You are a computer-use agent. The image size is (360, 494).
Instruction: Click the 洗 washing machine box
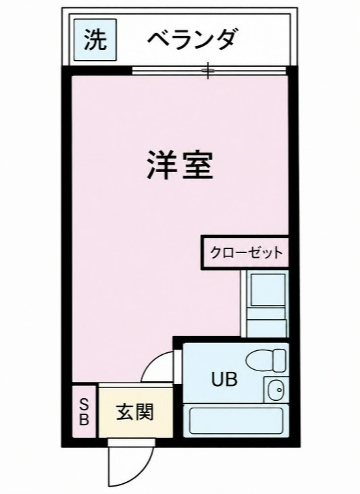pyautogui.click(x=95, y=40)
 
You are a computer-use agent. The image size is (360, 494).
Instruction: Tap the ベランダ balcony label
pyautogui.click(x=192, y=39)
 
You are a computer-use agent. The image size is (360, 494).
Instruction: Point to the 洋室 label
pyautogui.click(x=179, y=165)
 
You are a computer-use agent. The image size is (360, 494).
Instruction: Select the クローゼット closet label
pyautogui.click(x=246, y=252)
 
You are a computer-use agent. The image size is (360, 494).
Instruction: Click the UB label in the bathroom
pyautogui.click(x=224, y=379)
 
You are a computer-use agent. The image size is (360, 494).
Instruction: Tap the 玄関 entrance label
pyautogui.click(x=135, y=412)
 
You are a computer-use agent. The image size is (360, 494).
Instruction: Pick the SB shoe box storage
pyautogui.click(x=84, y=411)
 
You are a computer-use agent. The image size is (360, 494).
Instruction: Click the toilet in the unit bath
pyautogui.click(x=265, y=360)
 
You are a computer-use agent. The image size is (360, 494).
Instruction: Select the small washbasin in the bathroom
pyautogui.click(x=276, y=389)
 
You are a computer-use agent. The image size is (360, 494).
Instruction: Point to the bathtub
pyautogui.click(x=236, y=421)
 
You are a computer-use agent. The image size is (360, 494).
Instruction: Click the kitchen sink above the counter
pyautogui.click(x=267, y=290)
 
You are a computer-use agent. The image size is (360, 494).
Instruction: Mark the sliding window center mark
pyautogui.click(x=208, y=71)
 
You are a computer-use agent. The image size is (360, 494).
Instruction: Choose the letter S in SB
pyautogui.click(x=84, y=404)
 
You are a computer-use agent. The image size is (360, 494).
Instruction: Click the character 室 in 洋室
pyautogui.click(x=197, y=165)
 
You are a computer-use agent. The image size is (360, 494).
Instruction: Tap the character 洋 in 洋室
pyautogui.click(x=161, y=165)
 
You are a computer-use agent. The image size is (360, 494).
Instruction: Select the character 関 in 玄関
pyautogui.click(x=145, y=412)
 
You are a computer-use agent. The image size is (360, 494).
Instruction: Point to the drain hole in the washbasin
pyautogui.click(x=279, y=389)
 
